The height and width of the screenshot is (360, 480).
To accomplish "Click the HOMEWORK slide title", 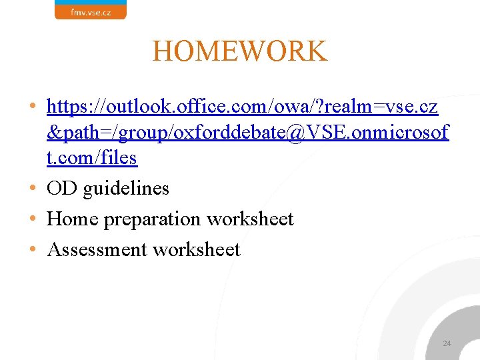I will [x=239, y=51].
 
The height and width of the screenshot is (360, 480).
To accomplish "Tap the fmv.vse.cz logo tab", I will [x=90, y=10].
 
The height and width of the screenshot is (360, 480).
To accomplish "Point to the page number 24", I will [x=447, y=343].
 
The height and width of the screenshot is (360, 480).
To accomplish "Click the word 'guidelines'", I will [x=126, y=189].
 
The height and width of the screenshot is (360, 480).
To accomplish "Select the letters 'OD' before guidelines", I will [x=62, y=189].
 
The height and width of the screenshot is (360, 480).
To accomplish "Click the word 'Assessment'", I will [x=97, y=249].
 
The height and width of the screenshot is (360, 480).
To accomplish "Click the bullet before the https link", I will [x=33, y=106].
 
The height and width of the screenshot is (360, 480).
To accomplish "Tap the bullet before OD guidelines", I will [x=33, y=189].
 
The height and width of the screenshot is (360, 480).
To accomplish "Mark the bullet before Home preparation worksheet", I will [x=33, y=219].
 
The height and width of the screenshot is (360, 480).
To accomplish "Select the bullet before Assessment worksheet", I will [x=33, y=249].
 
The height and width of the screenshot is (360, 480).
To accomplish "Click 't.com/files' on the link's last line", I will [x=92, y=158].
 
